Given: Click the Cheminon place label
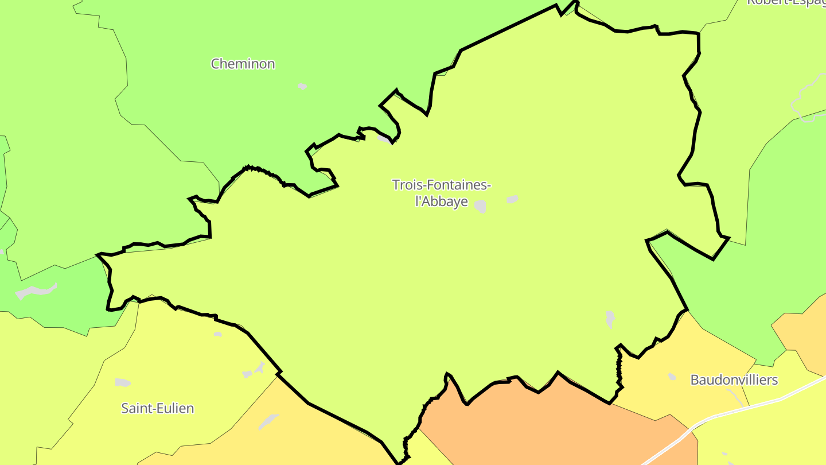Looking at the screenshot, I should pos(243,64).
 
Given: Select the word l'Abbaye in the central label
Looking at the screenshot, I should pos(441,202).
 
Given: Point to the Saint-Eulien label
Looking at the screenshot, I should pos(157,408).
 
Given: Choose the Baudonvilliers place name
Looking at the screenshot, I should pos(734,379).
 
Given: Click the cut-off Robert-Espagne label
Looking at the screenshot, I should pos(786,2).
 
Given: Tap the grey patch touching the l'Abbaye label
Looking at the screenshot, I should pos(480,207).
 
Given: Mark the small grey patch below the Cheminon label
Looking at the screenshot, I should pos(302,87).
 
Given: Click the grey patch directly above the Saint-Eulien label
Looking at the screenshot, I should pos(123,382).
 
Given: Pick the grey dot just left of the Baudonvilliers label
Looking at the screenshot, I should pos(672,377).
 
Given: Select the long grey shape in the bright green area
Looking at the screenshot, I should pos(37,290).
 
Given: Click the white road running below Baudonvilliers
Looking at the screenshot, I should pos(746,408).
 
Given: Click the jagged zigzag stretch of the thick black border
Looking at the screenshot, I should pos(619,367).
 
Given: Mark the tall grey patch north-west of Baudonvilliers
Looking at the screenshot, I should pos(610,319).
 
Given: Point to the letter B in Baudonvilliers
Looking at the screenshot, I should pos(695,379).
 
